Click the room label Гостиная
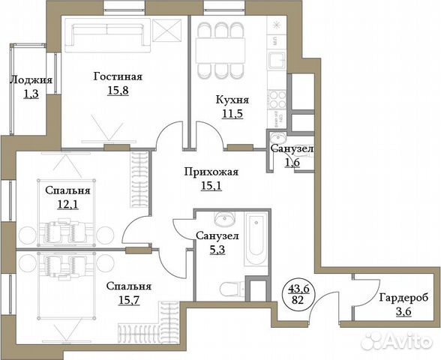click(x=118, y=76)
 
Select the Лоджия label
click(x=31, y=81)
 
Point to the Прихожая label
click(x=211, y=172)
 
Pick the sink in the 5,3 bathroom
click(x=223, y=220)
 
